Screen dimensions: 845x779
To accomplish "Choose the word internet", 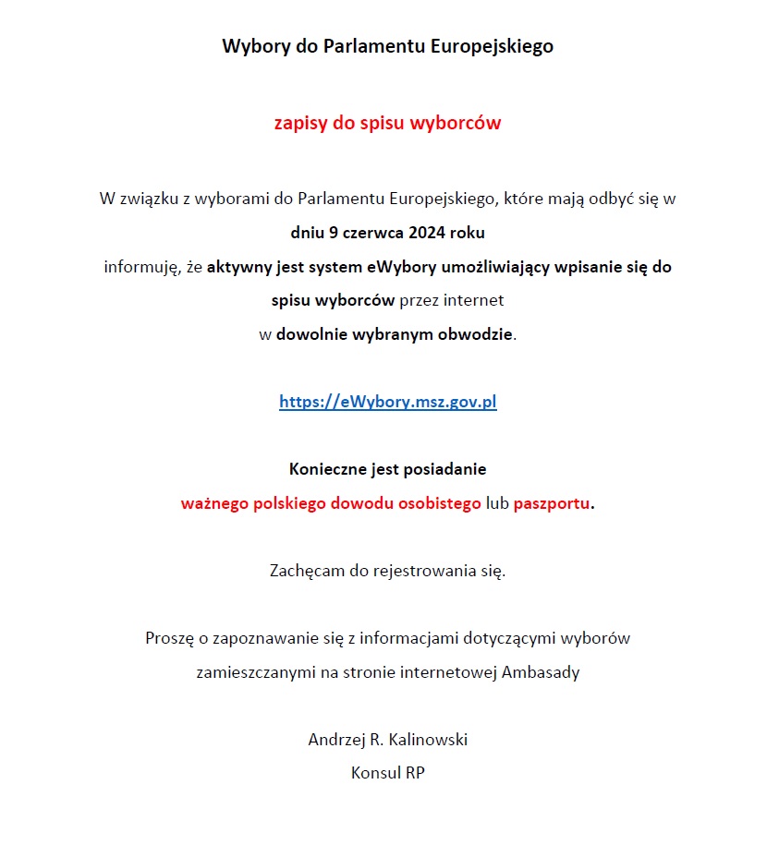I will (474, 301).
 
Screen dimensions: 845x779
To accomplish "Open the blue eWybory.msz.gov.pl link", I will (388, 403).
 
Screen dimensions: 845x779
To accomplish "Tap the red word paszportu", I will (552, 504).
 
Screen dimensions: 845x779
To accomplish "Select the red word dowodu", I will (362, 504).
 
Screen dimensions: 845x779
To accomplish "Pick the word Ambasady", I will (541, 672).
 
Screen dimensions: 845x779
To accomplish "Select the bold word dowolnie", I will (311, 334).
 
